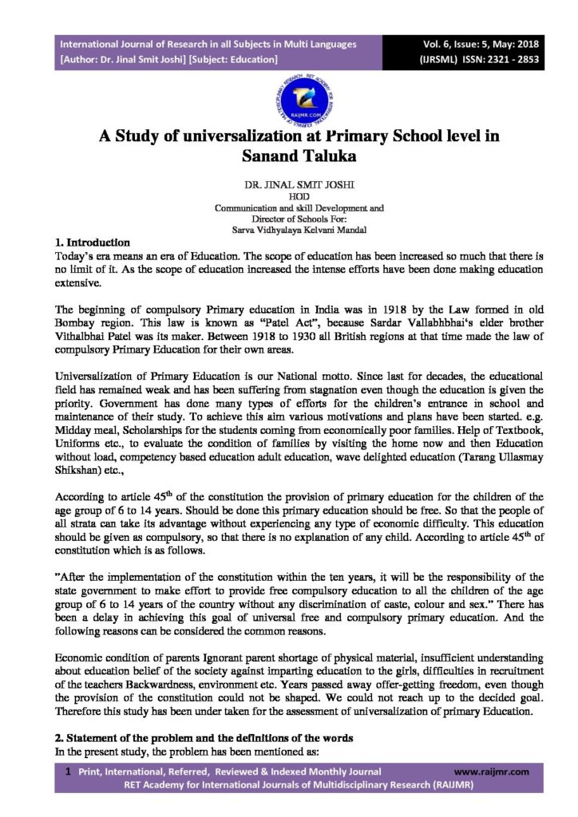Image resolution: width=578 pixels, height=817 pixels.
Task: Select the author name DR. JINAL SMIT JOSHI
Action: (288, 181)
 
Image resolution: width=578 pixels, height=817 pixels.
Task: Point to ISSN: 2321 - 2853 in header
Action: (494, 59)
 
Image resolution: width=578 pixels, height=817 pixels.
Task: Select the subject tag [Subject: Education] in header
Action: (232, 59)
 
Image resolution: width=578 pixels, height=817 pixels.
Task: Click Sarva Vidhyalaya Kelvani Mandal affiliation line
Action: (288, 228)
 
